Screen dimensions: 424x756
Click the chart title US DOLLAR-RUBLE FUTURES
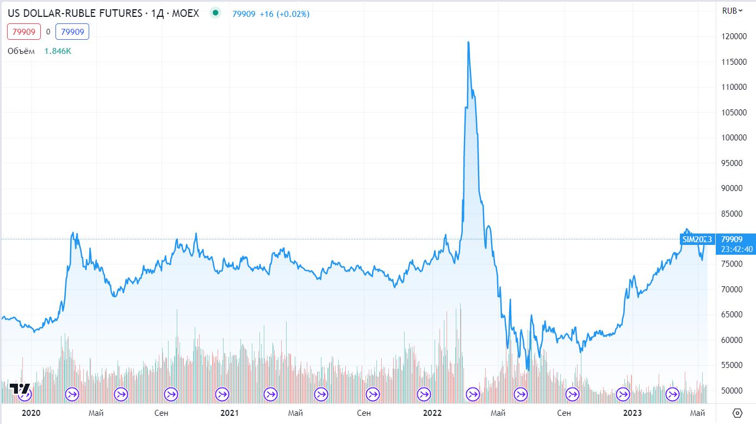click(x=76, y=13)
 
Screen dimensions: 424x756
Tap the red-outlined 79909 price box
click(x=24, y=32)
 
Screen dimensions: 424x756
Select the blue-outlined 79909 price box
click(x=72, y=32)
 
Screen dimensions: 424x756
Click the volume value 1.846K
click(x=58, y=51)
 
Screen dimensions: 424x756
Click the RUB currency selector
click(x=732, y=11)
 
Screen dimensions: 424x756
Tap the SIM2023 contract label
click(x=697, y=239)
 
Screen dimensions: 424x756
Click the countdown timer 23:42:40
click(x=737, y=249)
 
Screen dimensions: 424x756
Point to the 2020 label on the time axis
click(x=32, y=413)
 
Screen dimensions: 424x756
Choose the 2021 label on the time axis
click(x=230, y=413)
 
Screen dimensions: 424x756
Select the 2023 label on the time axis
click(x=633, y=413)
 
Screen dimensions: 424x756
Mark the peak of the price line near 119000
click(x=468, y=42)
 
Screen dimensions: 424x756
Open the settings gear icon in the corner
click(x=738, y=413)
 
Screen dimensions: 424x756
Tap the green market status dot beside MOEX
click(x=216, y=13)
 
